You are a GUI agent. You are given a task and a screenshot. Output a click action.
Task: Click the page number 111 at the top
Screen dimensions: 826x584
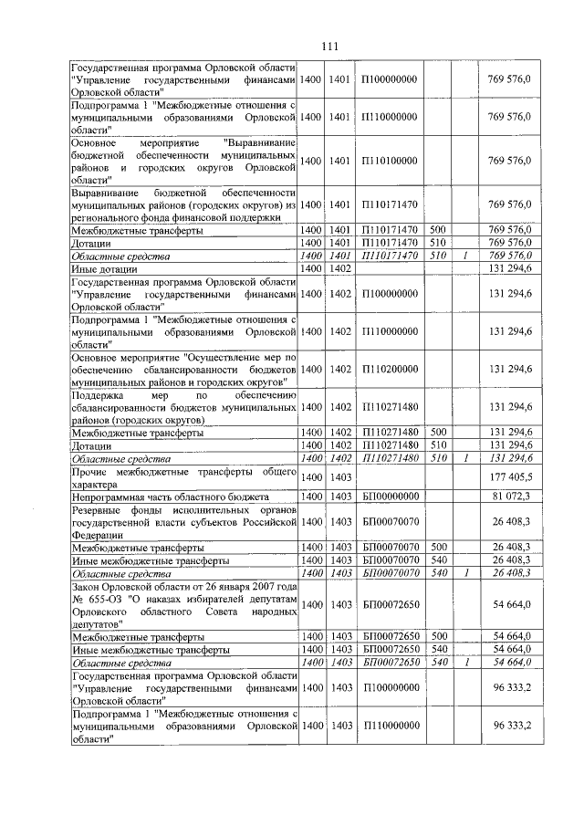[329, 47]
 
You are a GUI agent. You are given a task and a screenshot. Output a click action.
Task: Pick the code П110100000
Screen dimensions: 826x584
[390, 161]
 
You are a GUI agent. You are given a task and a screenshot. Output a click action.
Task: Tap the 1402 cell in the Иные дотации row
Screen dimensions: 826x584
[339, 269]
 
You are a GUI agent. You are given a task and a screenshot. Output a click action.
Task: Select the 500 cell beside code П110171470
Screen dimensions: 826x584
[437, 229]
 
